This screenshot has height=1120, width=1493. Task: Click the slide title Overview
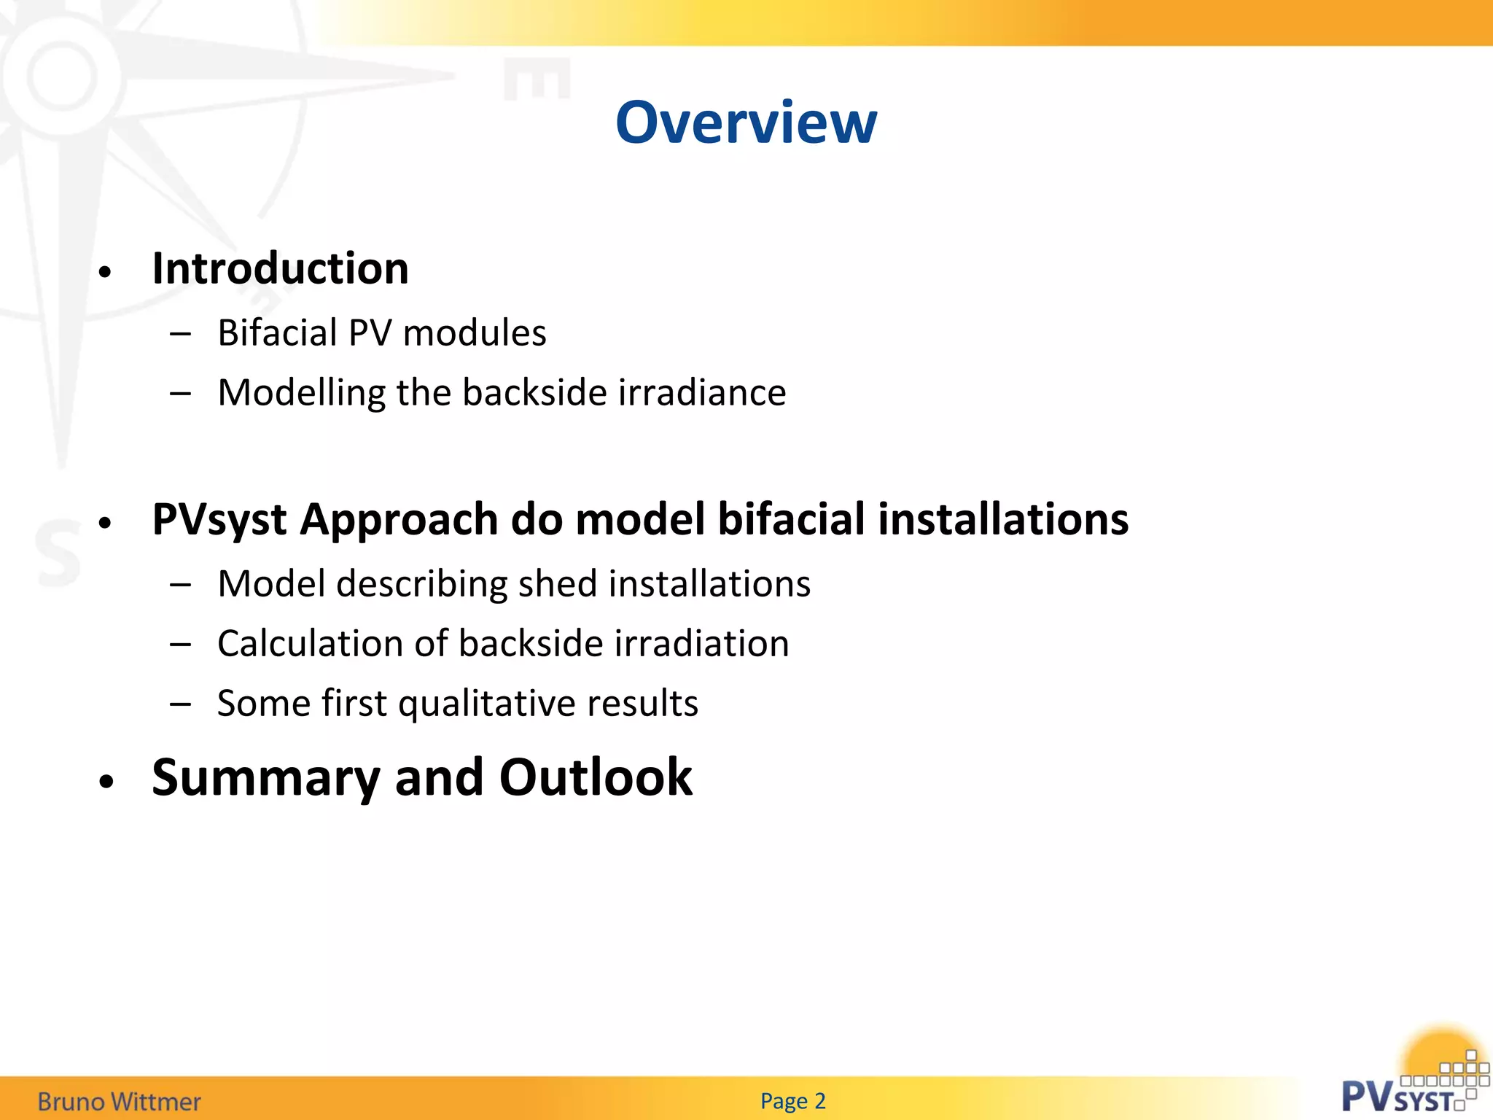(746, 122)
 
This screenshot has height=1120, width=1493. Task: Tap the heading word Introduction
(280, 268)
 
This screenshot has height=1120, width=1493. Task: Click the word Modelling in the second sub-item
(302, 393)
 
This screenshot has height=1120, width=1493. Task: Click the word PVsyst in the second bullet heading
(219, 521)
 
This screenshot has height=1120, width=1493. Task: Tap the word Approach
(398, 521)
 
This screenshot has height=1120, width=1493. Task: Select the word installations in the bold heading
(1003, 519)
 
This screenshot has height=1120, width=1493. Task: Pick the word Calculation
(311, 644)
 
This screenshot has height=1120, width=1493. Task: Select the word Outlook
(596, 777)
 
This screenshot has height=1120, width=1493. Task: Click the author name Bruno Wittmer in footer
(119, 1101)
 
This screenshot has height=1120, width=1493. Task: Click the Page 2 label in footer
(792, 1100)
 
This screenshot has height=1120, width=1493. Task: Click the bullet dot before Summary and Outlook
(106, 782)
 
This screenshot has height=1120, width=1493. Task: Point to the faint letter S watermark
(58, 553)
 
